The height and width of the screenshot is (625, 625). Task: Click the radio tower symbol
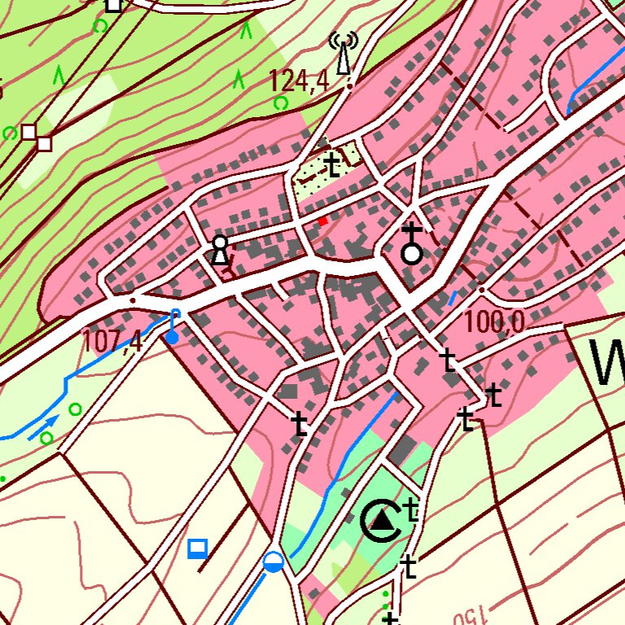(343, 54)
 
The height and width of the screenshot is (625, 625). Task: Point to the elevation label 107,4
(112, 340)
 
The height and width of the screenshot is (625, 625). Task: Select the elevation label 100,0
(494, 322)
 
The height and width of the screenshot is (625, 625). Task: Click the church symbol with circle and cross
(413, 244)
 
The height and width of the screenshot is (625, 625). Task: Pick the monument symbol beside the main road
(219, 251)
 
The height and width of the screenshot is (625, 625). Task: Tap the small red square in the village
(323, 221)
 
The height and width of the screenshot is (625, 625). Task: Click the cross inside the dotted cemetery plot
(332, 165)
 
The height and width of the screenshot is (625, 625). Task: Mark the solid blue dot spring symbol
(173, 336)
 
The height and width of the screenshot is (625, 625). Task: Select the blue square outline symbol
(197, 549)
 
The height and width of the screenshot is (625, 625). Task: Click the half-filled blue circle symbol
(273, 562)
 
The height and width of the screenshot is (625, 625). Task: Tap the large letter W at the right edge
(607, 363)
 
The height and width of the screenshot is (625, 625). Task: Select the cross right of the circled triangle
(412, 510)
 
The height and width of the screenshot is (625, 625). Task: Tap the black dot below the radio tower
(350, 84)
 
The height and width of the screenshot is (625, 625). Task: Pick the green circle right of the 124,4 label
(281, 103)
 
